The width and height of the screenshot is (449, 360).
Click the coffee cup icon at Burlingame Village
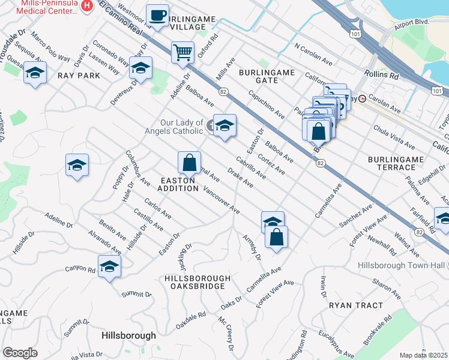158,15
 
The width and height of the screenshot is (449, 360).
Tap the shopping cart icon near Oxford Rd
182,51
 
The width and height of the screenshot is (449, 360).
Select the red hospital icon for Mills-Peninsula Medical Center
88,6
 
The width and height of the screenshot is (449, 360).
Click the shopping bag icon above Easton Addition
189,162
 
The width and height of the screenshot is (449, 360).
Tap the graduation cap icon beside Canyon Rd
109,265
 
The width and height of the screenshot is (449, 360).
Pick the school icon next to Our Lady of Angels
225,125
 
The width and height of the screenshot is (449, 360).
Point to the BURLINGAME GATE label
267,76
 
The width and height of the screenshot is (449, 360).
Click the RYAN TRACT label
355,305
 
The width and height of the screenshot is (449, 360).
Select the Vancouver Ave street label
221,200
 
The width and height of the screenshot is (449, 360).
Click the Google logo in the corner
20,352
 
